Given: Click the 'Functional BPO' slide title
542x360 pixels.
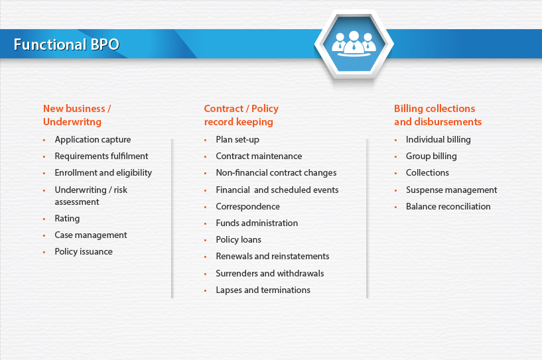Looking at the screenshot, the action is (66, 44).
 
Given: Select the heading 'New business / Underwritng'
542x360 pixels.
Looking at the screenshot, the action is (77, 115).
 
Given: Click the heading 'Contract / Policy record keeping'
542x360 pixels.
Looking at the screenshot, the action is (241, 115).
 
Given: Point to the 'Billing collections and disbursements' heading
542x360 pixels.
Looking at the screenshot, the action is (438, 115).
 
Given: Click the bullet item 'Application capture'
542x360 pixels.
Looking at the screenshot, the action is (93, 140).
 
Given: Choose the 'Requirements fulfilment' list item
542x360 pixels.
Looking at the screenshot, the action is (102, 156).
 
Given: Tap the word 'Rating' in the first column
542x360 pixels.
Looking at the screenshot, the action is (67, 218).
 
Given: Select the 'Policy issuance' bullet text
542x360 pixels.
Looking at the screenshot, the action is (84, 251).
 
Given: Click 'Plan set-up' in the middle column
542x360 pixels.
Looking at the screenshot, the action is (237, 140).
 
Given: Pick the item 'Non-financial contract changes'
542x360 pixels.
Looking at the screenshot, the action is (276, 173).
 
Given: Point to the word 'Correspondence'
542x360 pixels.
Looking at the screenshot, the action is (248, 207).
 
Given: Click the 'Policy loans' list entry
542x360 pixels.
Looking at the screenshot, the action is (239, 240).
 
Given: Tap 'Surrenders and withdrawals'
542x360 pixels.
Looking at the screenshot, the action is (270, 273).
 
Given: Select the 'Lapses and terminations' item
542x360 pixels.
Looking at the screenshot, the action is (263, 290).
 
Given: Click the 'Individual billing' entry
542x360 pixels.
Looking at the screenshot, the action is (439, 140).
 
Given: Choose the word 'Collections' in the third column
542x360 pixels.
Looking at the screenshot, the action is (427, 173).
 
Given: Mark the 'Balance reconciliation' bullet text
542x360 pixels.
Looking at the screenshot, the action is (448, 207).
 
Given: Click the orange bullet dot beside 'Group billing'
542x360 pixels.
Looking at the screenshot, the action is (396, 157).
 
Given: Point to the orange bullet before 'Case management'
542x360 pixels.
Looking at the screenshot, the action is (44, 235).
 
